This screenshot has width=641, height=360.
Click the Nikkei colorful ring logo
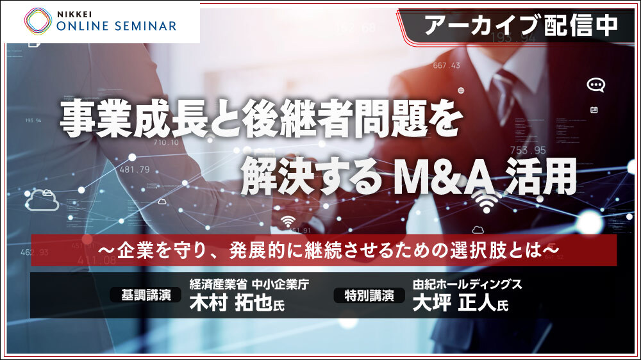click(x=38, y=21)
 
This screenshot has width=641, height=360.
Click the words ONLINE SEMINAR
click(x=117, y=26)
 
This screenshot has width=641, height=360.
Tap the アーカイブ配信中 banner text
click(x=521, y=25)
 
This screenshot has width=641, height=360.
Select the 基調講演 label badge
click(x=146, y=295)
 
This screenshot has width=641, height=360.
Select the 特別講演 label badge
click(x=369, y=295)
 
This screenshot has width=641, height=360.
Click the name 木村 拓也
click(x=231, y=303)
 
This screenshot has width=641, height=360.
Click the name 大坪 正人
click(x=454, y=303)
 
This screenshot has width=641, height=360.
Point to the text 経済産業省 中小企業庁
click(x=249, y=284)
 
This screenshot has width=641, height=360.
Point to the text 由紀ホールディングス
click(x=467, y=284)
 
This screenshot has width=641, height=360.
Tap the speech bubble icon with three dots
click(x=595, y=85)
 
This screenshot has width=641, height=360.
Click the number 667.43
click(x=446, y=65)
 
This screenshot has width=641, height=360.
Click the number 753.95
click(x=528, y=151)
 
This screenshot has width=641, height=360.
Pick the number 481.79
click(x=135, y=169)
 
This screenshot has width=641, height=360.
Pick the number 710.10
click(x=166, y=143)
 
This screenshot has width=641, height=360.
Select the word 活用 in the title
click(x=541, y=177)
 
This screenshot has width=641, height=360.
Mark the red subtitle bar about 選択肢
click(x=324, y=250)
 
